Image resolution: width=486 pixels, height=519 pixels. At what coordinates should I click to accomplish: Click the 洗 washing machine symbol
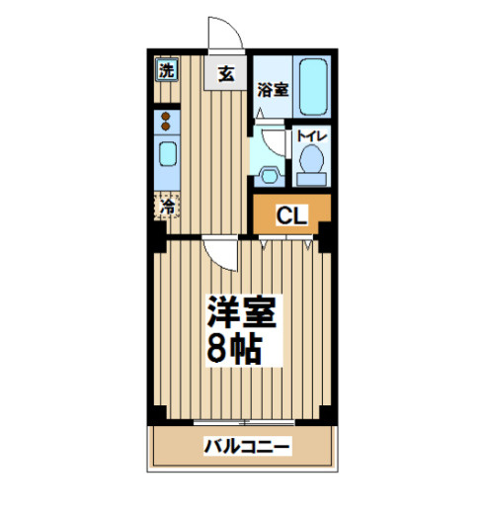click(x=167, y=70)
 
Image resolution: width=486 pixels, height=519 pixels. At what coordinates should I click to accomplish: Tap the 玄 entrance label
click(x=226, y=74)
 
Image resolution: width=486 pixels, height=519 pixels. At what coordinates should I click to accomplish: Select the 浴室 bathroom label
click(x=273, y=90)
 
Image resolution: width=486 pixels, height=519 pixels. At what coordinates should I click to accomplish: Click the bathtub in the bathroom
click(x=313, y=87)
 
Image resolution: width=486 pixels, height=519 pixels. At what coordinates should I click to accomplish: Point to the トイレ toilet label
click(x=311, y=136)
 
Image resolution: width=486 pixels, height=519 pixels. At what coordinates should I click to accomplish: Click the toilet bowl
click(x=311, y=159)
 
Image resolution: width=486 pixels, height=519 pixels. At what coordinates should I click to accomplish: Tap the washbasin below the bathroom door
click(x=270, y=175)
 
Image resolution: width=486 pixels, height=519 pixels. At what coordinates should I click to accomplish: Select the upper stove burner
click(x=165, y=117)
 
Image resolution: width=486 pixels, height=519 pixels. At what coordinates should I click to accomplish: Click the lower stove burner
click(x=165, y=127)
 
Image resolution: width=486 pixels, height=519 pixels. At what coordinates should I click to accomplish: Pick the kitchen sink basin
click(x=168, y=154)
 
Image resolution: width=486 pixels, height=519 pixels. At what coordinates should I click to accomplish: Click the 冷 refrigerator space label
click(x=167, y=206)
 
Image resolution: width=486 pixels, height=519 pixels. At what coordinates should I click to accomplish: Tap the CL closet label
click(x=291, y=216)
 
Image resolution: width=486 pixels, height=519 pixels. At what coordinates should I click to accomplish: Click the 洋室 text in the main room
click(x=241, y=311)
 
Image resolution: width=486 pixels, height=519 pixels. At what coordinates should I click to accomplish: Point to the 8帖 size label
click(x=234, y=349)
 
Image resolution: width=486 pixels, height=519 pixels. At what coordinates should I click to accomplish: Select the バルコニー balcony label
click(x=247, y=447)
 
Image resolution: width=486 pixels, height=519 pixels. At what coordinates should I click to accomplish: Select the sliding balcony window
click(x=244, y=422)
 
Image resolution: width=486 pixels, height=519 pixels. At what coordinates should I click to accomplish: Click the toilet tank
click(x=311, y=179)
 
